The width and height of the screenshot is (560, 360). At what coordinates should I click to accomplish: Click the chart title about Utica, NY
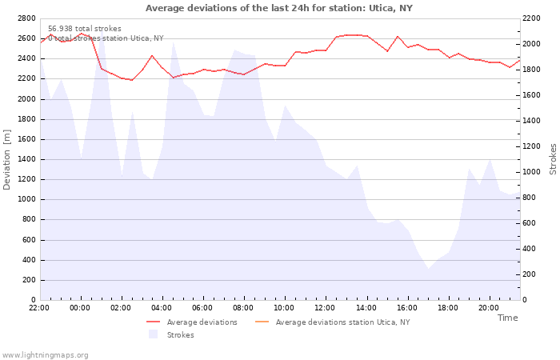tap(279, 8)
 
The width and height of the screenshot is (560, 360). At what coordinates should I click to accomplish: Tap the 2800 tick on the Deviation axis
tap(26, 18)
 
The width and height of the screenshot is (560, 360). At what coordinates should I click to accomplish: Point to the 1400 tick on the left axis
tap(26, 159)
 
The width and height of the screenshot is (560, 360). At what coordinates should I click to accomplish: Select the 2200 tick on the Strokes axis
tap(531, 18)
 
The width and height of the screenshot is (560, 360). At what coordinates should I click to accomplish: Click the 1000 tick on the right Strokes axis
tap(531, 172)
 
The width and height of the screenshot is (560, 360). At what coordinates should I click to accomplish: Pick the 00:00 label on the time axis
tap(80, 308)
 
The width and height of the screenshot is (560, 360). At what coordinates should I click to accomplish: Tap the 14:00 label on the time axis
tap(366, 308)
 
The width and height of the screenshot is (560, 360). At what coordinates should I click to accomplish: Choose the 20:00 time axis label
tap(489, 308)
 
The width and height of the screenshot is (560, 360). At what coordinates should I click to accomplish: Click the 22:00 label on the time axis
tap(39, 308)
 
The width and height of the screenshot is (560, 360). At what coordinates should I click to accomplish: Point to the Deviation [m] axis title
tap(6, 159)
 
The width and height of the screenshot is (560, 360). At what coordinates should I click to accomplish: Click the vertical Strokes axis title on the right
tap(553, 159)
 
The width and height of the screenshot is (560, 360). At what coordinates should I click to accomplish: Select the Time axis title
tap(508, 318)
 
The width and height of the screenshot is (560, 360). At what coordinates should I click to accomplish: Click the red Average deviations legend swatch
tap(154, 322)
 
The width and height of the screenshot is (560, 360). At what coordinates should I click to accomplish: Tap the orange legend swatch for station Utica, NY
tap(262, 322)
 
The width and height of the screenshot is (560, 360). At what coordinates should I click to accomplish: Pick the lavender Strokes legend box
tap(154, 334)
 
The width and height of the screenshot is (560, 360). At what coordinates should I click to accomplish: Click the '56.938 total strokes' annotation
tap(85, 29)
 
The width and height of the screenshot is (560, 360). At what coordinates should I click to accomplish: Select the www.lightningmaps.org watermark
tap(45, 355)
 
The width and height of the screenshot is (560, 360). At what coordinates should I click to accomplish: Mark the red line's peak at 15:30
tap(398, 37)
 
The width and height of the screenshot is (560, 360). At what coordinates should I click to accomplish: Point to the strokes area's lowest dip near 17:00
tap(428, 268)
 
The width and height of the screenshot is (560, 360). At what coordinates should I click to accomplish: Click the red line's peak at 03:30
tap(152, 56)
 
